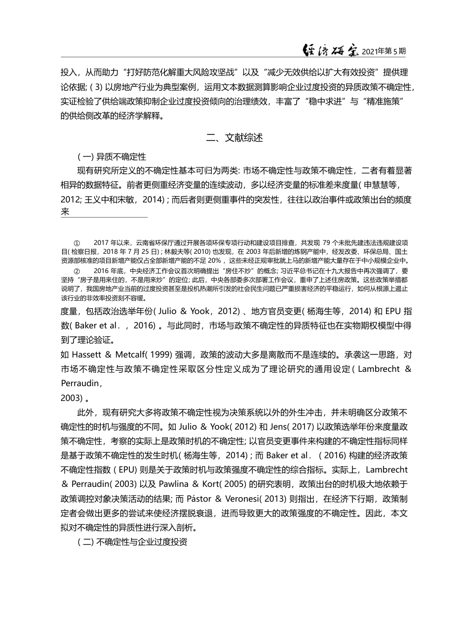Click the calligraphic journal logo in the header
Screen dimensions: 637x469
pyautogui.click(x=330, y=50)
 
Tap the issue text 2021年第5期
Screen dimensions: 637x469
pyautogui.click(x=384, y=51)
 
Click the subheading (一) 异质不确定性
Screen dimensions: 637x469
pyautogui.click(x=112, y=157)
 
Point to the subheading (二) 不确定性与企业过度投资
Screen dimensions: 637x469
pyautogui.click(x=133, y=541)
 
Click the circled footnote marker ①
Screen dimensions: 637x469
pyautogui.click(x=77, y=243)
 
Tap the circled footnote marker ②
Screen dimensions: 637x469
pyautogui.click(x=77, y=271)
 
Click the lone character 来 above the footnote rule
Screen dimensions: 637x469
pyautogui.click(x=65, y=212)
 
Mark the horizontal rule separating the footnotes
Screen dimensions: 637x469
pyautogui.click(x=104, y=217)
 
